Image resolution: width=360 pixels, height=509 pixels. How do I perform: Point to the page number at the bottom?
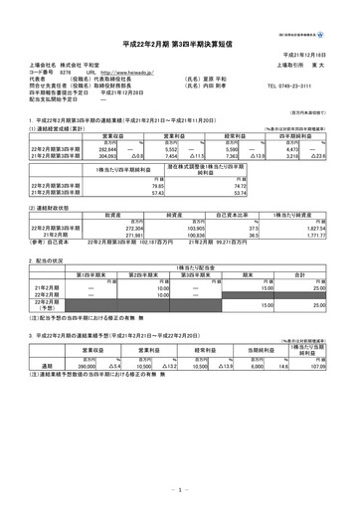[x=179, y=489]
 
